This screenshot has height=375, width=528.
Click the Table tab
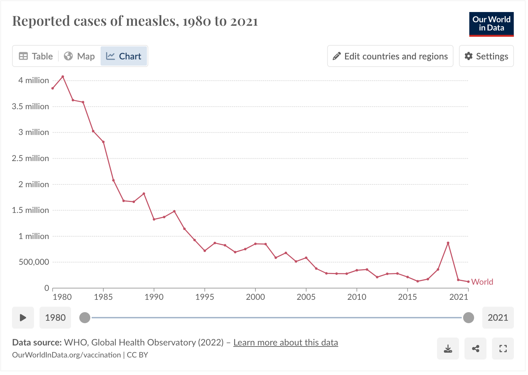click(36, 56)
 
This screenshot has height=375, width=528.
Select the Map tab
click(79, 56)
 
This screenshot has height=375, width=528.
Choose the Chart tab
click(124, 56)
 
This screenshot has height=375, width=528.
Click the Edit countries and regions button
click(390, 56)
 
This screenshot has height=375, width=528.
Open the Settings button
click(486, 56)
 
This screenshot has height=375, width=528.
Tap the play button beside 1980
click(23, 318)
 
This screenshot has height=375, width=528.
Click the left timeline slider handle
click(85, 318)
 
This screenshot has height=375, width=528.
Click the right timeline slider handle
click(468, 318)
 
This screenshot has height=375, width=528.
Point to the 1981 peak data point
click(63, 77)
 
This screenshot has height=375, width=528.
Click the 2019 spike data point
click(448, 243)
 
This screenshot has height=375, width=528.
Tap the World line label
click(482, 282)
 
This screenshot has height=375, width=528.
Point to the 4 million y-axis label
click(34, 80)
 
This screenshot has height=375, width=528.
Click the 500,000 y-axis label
click(34, 262)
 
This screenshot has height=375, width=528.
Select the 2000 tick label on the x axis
click(255, 297)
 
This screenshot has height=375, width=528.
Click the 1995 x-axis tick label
click(205, 297)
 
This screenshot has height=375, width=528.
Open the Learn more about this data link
click(286, 342)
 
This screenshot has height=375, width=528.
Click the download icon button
click(448, 349)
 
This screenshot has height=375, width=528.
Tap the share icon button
click(475, 349)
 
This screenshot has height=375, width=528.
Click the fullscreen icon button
click(503, 349)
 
